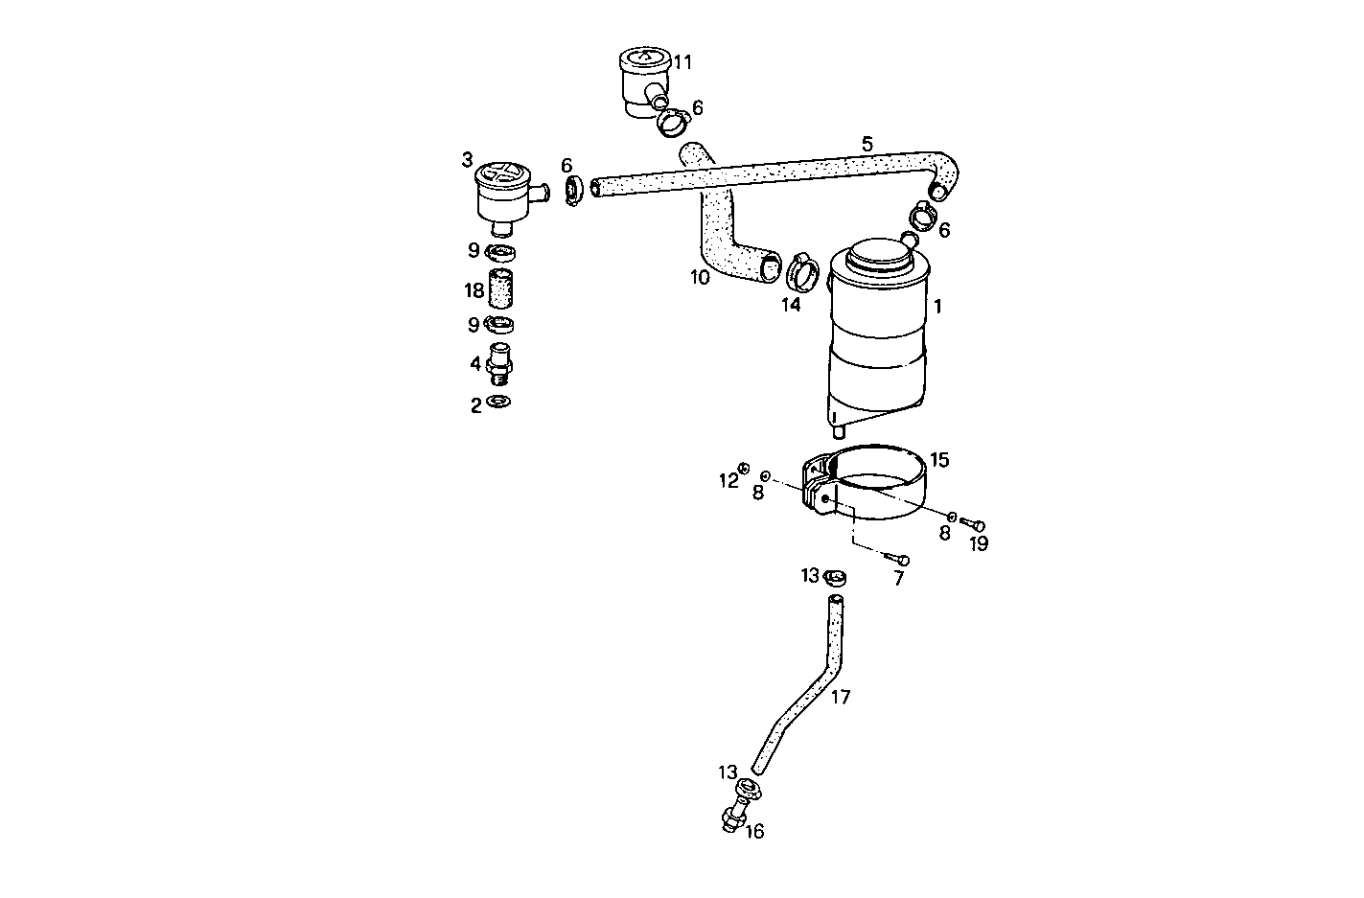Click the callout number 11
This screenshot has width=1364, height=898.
point(682,62)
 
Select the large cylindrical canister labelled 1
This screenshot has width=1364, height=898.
point(878,334)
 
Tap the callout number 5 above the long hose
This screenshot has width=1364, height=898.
point(867,145)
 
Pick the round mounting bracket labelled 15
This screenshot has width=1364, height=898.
point(865,481)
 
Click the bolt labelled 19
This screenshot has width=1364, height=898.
point(973,523)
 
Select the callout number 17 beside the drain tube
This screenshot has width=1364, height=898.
point(841,697)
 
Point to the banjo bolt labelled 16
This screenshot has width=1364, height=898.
point(732,819)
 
